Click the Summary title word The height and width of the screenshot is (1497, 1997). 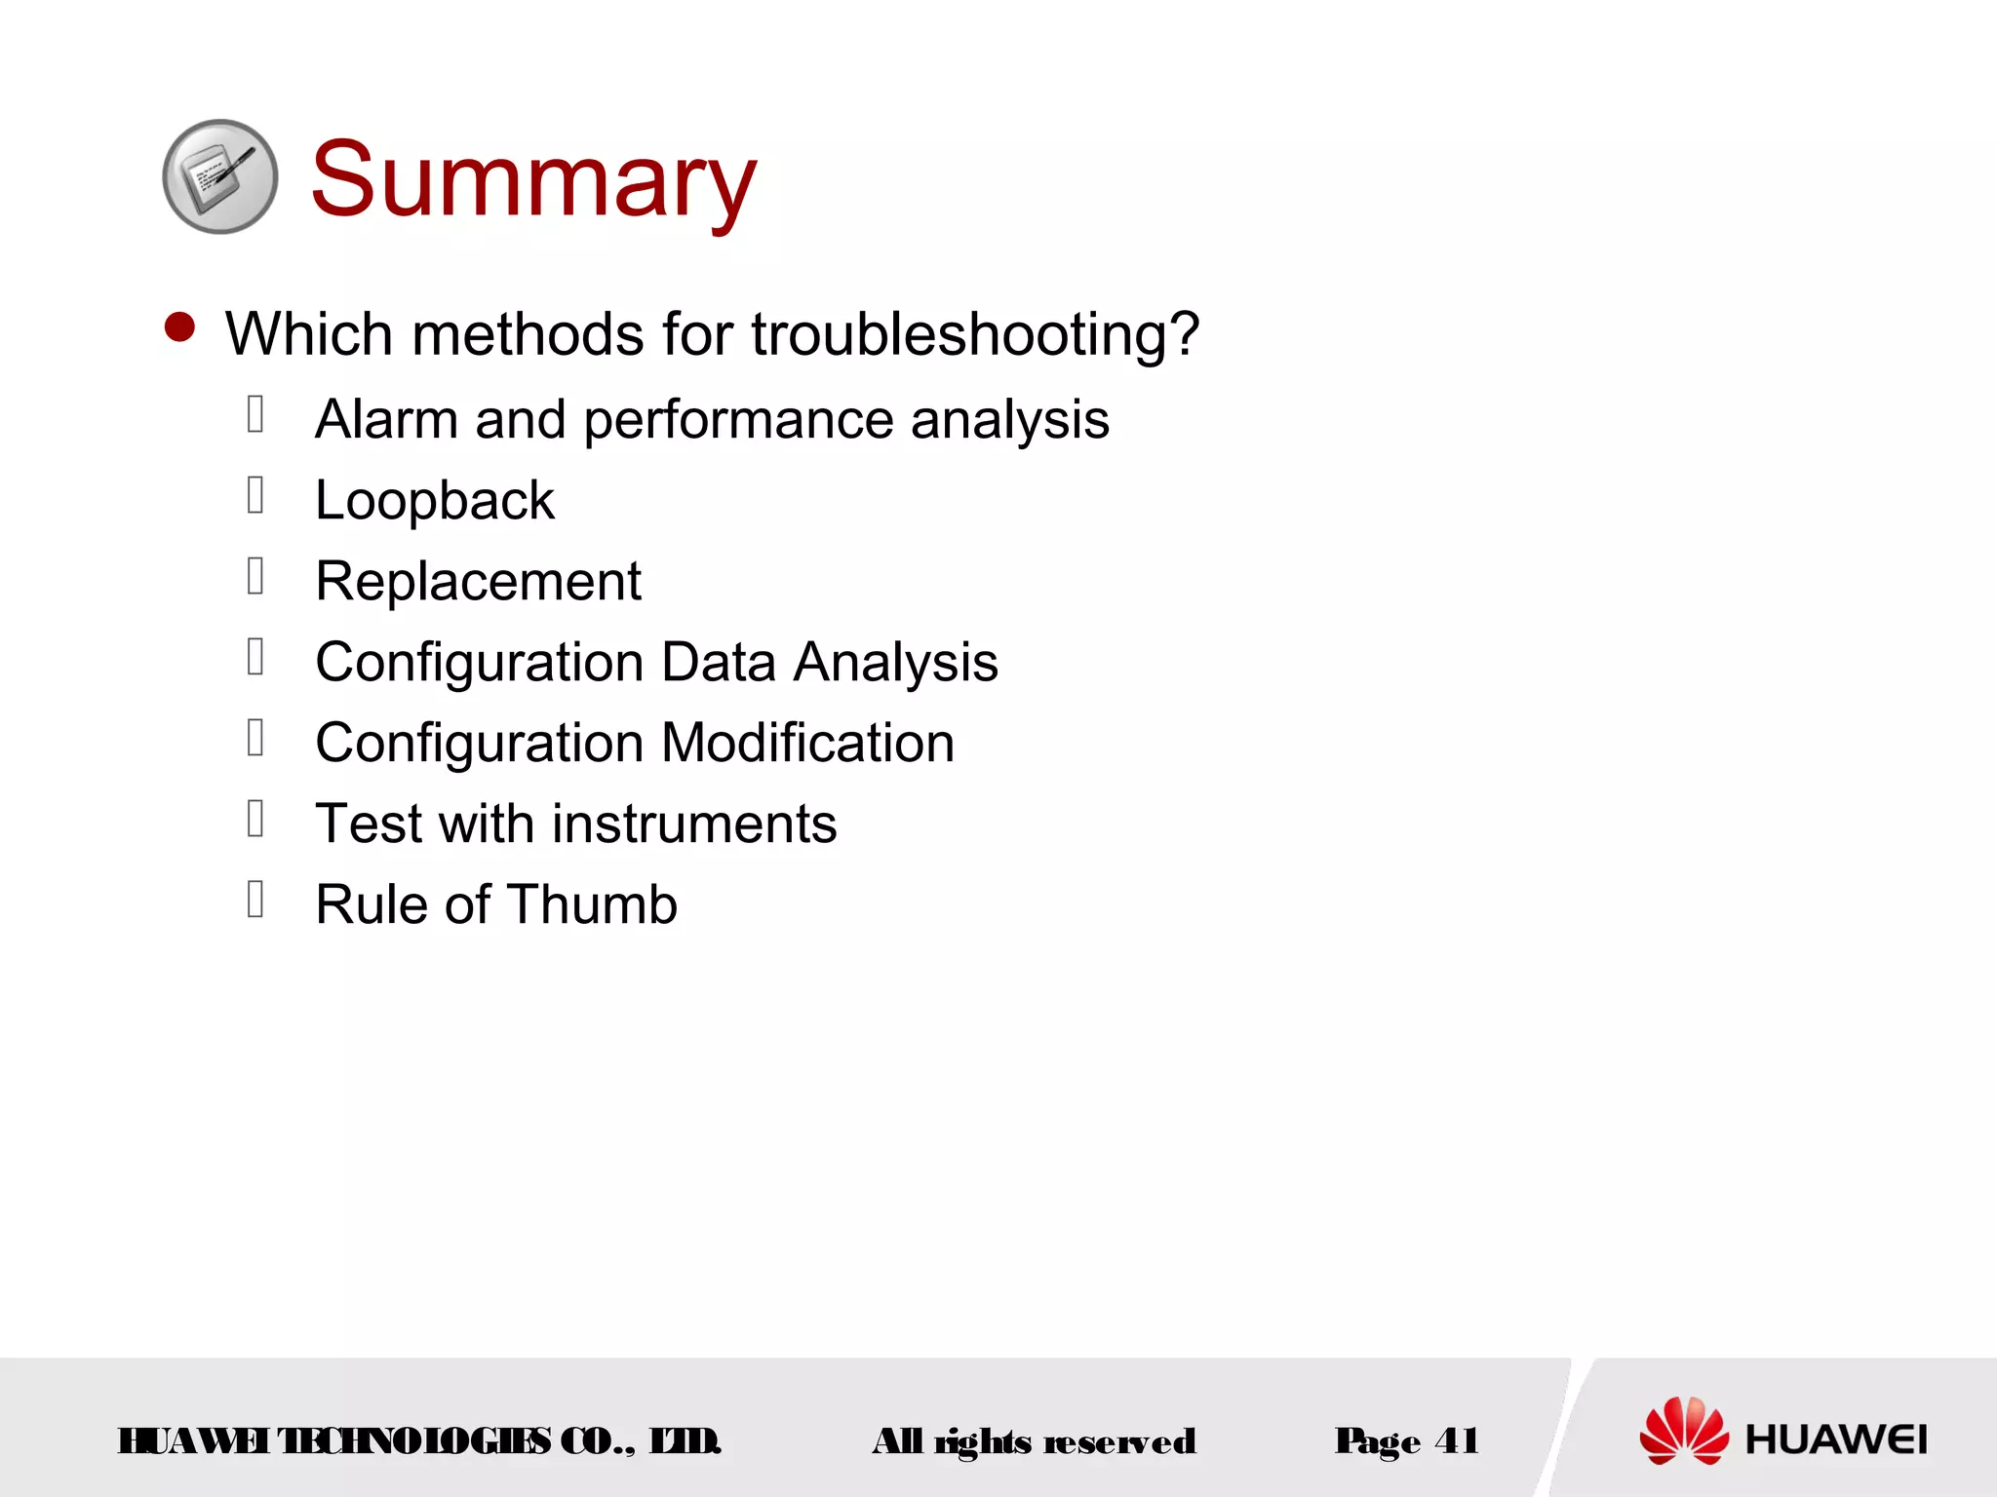coord(533,180)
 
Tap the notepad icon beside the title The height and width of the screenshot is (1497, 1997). coord(219,176)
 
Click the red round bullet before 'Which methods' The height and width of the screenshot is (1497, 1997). coord(179,327)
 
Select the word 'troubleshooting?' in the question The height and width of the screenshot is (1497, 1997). coord(974,334)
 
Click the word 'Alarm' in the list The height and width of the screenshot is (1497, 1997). coord(386,420)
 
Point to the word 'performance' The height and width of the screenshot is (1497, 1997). coord(738,421)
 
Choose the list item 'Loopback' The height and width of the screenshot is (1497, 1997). coord(435,501)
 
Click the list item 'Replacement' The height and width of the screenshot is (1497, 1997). coord(478,582)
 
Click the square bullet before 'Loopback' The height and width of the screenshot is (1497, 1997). coord(255,495)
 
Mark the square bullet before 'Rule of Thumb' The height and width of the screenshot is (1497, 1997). coord(255,900)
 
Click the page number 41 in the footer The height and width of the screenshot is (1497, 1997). coord(1456,1440)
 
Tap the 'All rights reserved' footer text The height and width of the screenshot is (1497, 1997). coord(1034,1441)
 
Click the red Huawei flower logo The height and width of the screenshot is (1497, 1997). coord(1683,1430)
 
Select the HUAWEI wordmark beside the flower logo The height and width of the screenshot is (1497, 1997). coord(1835,1439)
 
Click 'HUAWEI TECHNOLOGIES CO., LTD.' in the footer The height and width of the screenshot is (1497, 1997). coord(419,1441)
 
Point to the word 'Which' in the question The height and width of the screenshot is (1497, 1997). coord(309,334)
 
